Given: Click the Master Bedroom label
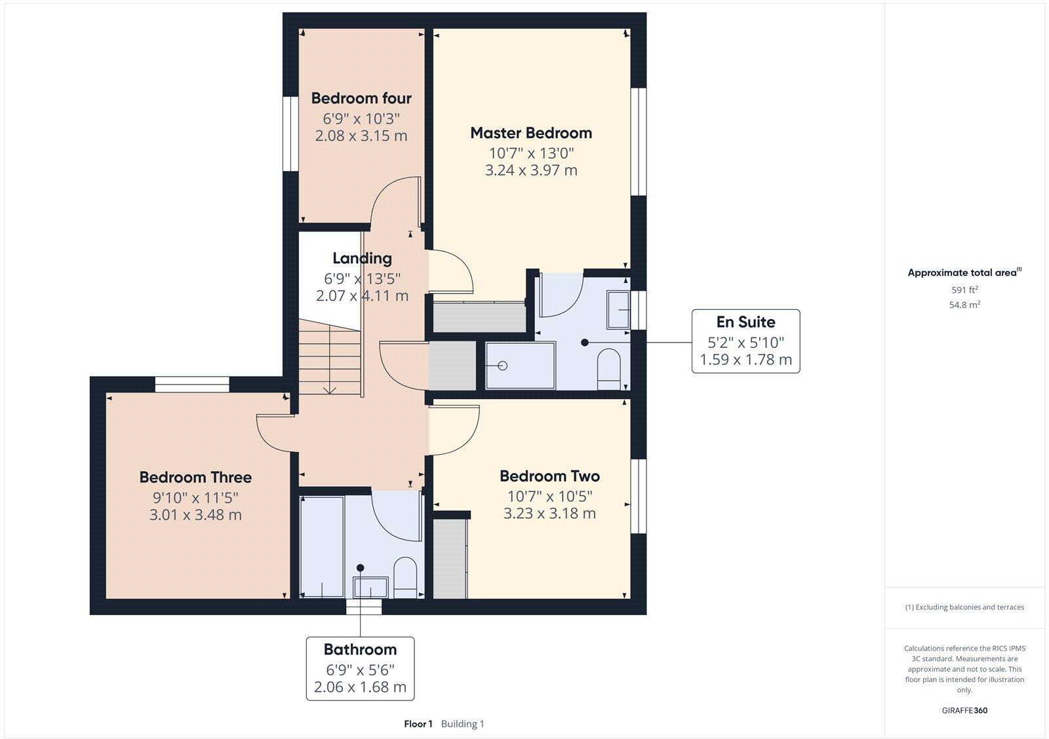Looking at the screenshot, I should coord(531,133).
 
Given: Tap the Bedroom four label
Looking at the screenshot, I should coord(361,98).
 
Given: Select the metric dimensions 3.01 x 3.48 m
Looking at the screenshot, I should coord(195,515).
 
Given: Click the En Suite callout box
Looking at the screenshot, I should coord(745,341).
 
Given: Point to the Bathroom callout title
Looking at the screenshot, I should coord(360,649).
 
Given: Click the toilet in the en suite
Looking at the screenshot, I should coord(609,368).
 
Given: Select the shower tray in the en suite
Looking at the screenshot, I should coord(520,366).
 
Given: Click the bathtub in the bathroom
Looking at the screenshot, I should coord(322,547).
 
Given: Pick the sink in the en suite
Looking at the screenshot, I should coord(618,309).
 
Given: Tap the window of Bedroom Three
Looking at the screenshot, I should coord(192,385).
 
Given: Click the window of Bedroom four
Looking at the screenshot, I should coord(290,134).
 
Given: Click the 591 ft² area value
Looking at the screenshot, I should coord(964,290).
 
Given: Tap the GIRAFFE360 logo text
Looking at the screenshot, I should coord(964,710).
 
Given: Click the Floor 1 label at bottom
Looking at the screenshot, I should coord(418,724).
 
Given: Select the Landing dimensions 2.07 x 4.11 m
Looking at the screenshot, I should coord(362,295).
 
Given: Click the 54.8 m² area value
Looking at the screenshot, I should coord(964,305).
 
